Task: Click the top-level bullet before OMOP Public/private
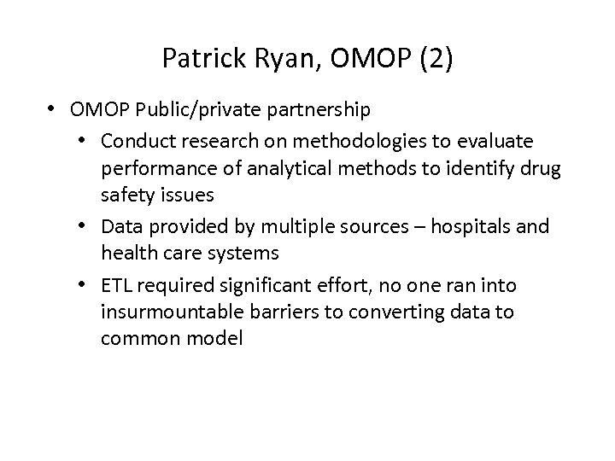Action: click(53, 110)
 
